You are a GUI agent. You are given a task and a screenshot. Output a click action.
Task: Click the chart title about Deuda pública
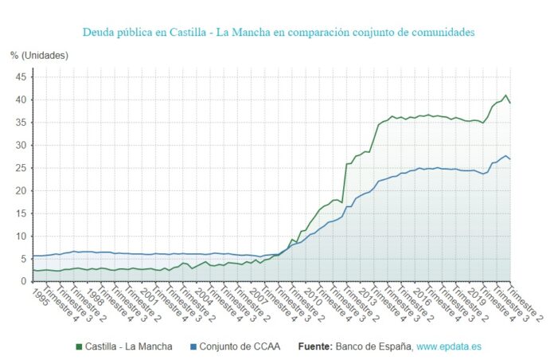click(x=278, y=33)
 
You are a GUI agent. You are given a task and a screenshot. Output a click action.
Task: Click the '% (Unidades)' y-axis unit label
click(x=40, y=55)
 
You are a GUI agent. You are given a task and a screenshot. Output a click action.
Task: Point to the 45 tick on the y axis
click(x=21, y=77)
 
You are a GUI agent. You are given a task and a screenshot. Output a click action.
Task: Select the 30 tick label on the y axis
click(x=21, y=146)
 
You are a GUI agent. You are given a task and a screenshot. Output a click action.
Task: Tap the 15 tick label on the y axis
click(x=21, y=213)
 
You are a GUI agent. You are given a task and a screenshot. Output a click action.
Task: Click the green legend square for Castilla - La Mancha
click(x=79, y=347)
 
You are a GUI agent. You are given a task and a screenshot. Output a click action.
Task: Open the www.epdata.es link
click(x=449, y=347)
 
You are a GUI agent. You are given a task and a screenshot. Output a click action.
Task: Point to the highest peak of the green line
click(x=505, y=96)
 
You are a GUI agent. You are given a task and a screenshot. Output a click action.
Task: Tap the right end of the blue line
click(x=510, y=159)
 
